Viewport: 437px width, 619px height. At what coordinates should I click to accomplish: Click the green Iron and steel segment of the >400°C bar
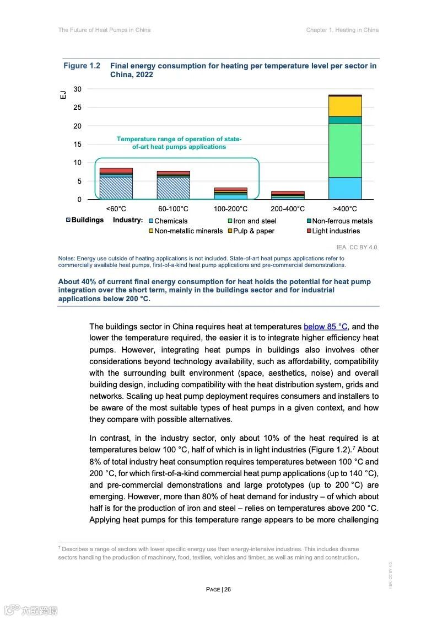pos(345,150)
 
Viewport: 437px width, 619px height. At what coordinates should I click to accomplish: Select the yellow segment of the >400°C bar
pos(345,106)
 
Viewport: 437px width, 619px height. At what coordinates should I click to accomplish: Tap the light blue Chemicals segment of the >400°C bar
pos(345,188)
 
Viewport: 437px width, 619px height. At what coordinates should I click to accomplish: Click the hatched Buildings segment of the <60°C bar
pos(116,188)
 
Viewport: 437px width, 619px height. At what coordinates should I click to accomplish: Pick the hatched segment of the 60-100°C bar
pos(173,188)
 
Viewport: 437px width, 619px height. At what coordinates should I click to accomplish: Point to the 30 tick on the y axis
pos(77,89)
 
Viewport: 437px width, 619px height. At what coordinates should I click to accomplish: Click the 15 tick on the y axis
pos(77,145)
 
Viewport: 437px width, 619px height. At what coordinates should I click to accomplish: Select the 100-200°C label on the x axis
pos(230,209)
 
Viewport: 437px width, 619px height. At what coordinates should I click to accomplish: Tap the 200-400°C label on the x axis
pos(288,209)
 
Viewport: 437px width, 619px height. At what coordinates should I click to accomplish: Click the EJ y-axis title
pos(63,94)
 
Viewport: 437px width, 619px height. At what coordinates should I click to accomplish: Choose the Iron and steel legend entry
pos(254,221)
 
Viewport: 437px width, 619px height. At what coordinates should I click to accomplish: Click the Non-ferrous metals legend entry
pos(342,221)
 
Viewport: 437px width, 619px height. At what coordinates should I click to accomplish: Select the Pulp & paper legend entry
pos(253,231)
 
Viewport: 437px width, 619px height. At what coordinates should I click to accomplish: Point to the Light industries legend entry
pos(336,231)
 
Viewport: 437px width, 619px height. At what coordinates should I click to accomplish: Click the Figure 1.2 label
pos(82,66)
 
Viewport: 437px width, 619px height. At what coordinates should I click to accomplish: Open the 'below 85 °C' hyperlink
pos(325,327)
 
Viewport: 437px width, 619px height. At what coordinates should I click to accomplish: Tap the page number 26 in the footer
pos(228,589)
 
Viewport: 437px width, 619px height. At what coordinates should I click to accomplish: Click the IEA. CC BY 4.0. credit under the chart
pos(357,247)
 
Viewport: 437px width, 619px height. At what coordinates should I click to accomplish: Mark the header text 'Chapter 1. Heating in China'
pos(342,30)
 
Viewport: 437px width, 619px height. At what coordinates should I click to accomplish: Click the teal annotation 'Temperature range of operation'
pos(179,139)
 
